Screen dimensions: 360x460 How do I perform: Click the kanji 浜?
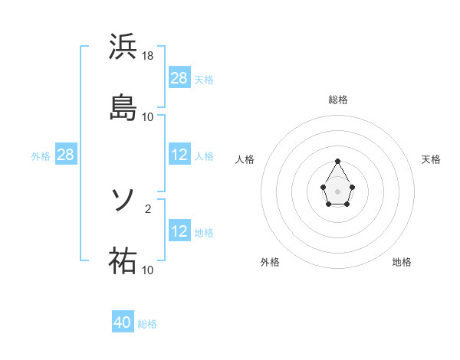(x=123, y=47)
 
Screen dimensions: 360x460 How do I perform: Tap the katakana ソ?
(x=123, y=201)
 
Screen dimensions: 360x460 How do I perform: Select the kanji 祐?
(x=123, y=260)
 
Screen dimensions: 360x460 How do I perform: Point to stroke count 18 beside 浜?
(x=149, y=55)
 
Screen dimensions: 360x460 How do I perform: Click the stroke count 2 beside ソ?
(x=148, y=208)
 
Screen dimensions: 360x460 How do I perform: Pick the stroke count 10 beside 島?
(x=148, y=116)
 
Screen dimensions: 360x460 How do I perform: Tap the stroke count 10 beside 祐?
(x=148, y=270)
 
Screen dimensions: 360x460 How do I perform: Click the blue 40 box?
(x=123, y=322)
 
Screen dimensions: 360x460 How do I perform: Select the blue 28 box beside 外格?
(x=66, y=155)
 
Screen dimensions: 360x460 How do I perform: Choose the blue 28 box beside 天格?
(x=179, y=77)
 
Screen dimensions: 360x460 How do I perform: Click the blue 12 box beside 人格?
(x=179, y=155)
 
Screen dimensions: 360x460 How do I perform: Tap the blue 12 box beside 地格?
(x=179, y=231)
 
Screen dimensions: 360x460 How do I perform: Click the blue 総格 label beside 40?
(x=147, y=324)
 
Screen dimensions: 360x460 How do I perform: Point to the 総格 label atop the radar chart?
(x=338, y=100)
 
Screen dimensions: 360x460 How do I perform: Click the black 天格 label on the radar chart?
(x=431, y=159)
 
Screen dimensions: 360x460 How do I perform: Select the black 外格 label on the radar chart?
(x=270, y=262)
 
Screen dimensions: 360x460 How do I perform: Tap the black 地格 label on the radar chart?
(x=402, y=262)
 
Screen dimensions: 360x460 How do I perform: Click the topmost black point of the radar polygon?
(x=338, y=161)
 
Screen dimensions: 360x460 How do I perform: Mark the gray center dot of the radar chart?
(x=338, y=190)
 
